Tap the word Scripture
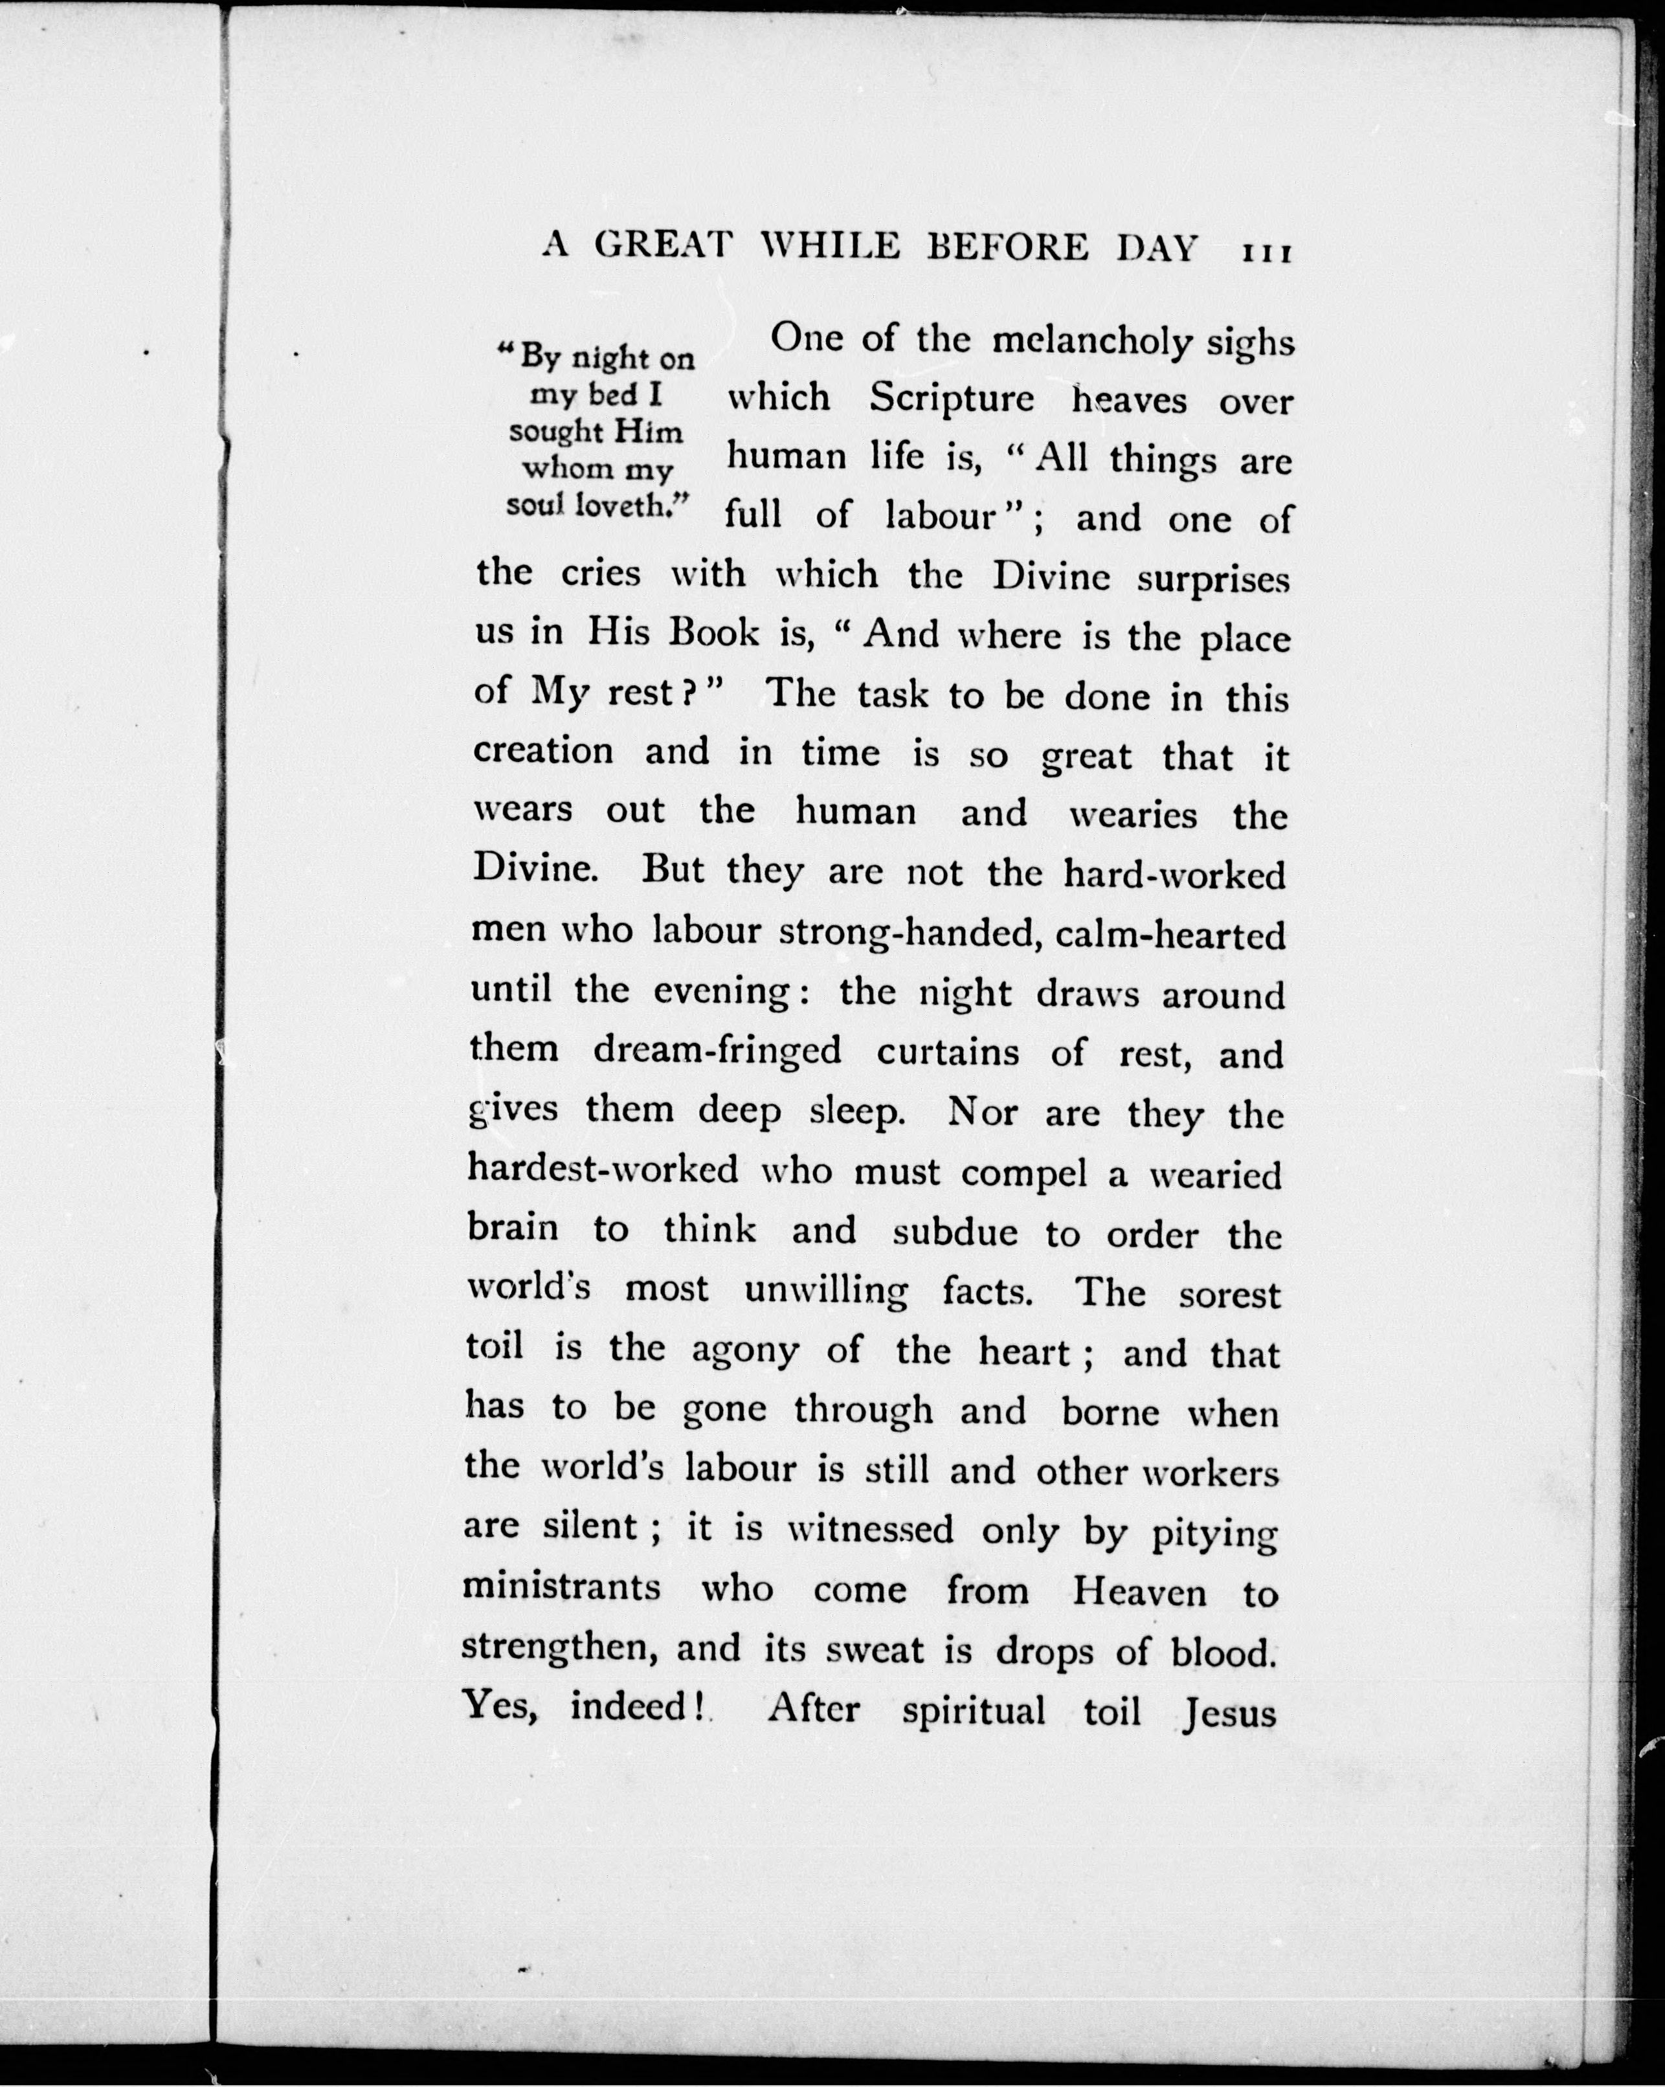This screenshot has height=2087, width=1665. pos(952,399)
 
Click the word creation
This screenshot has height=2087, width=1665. pos(543,751)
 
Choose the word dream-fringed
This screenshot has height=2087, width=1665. pos(717,1051)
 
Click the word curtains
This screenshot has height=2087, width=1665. pos(948,1053)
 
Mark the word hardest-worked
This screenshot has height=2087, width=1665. pos(602,1170)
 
